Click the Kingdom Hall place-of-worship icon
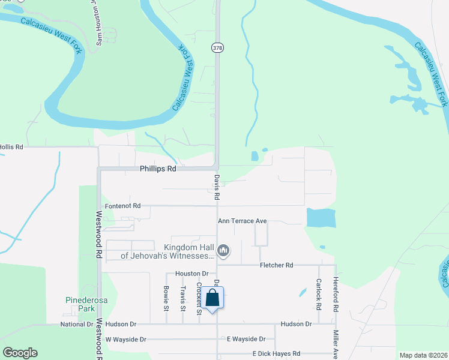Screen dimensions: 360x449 223,250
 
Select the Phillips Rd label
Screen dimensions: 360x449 158,169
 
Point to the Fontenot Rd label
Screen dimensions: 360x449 122,206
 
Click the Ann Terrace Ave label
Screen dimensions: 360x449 242,221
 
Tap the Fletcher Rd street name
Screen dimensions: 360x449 276,265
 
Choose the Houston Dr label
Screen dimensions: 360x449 191,273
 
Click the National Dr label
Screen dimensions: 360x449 76,324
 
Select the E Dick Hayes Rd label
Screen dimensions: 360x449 276,354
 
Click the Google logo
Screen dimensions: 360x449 20,353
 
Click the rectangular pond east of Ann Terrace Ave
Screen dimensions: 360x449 321,218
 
